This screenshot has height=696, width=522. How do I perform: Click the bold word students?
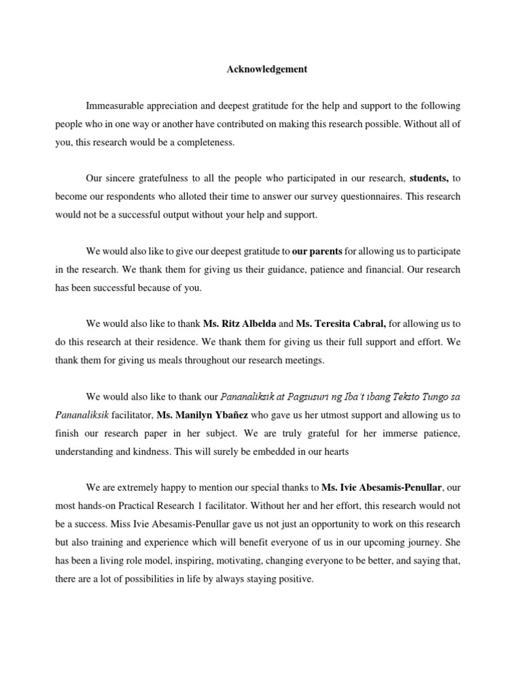(429, 179)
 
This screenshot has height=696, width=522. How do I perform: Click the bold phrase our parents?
(317, 251)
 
